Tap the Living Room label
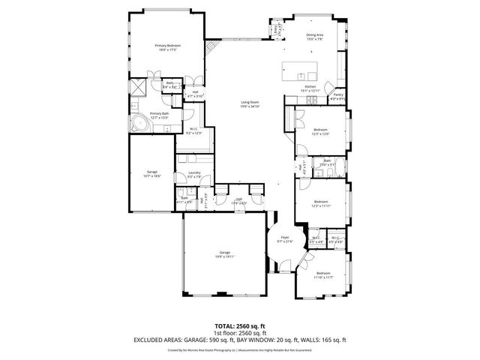click(x=250, y=104)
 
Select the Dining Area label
click(x=315, y=37)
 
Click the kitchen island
click(x=301, y=72)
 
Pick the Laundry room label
click(x=193, y=175)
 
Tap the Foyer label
click(x=284, y=239)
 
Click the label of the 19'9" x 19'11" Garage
click(x=224, y=253)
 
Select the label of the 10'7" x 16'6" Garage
click(x=152, y=172)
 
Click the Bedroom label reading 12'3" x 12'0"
click(x=321, y=132)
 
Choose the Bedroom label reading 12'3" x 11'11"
click(x=321, y=202)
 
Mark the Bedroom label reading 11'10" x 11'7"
click(x=323, y=274)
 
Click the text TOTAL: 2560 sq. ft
click(x=239, y=325)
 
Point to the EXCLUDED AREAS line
click(x=239, y=339)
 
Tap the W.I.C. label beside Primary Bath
click(x=193, y=130)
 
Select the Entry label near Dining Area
click(x=276, y=28)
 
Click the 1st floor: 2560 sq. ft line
click(x=239, y=332)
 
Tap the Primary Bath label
click(x=159, y=115)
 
